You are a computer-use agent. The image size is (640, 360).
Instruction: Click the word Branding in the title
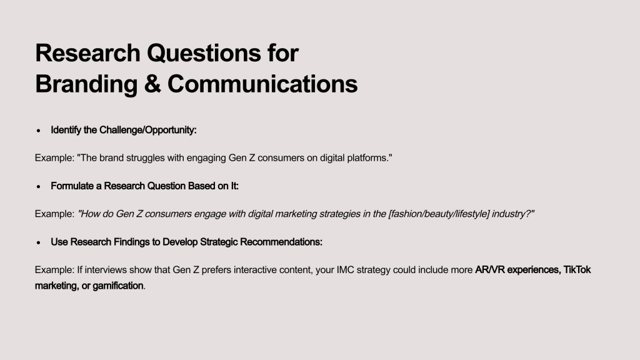[x=86, y=84]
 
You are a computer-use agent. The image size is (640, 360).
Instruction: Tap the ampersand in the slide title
[x=152, y=84]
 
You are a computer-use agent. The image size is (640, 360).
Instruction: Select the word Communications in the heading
[x=262, y=84]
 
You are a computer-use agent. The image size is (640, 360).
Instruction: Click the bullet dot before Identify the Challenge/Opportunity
[x=38, y=131]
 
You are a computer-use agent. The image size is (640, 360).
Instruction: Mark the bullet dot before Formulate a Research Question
[x=38, y=186]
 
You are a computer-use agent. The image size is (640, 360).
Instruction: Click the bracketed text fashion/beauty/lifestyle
[x=439, y=214]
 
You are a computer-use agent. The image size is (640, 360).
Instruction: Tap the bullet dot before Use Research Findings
[x=38, y=242]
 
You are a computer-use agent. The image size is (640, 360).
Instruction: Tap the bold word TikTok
[x=577, y=270]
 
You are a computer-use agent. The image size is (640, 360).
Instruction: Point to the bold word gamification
[x=117, y=286]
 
